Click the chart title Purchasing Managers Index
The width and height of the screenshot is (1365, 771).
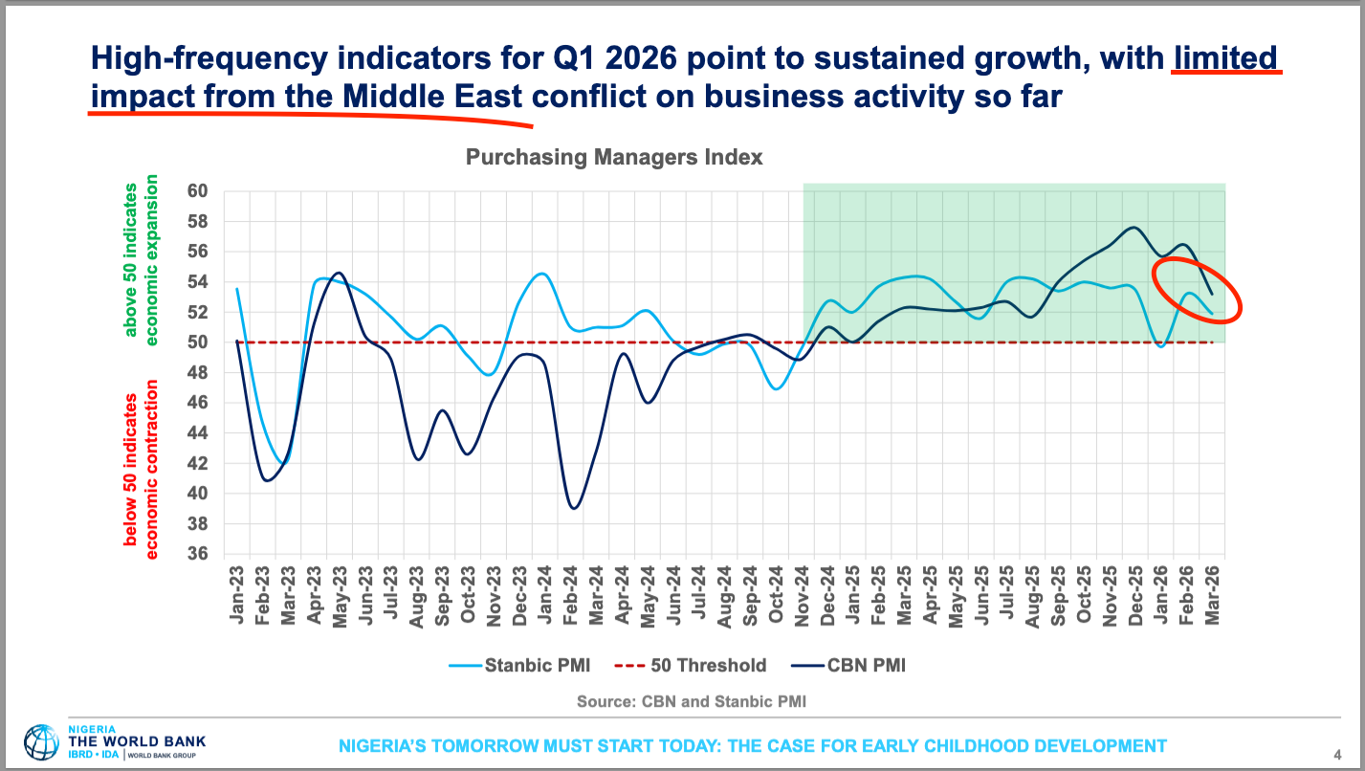click(x=614, y=158)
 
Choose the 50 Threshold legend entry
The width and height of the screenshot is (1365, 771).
click(x=696, y=666)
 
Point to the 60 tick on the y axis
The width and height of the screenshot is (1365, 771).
click(x=197, y=191)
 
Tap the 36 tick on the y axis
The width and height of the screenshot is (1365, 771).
click(x=197, y=554)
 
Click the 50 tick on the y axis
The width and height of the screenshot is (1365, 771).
click(x=197, y=342)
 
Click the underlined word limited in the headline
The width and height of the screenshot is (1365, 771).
click(x=1225, y=58)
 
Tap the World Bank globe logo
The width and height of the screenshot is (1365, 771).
click(x=41, y=743)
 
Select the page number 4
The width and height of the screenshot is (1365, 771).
click(x=1336, y=753)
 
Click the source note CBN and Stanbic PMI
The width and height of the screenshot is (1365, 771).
click(x=691, y=701)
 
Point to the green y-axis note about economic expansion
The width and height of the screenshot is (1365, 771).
click(x=141, y=259)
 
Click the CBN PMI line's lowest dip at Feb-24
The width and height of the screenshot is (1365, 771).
click(x=574, y=508)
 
